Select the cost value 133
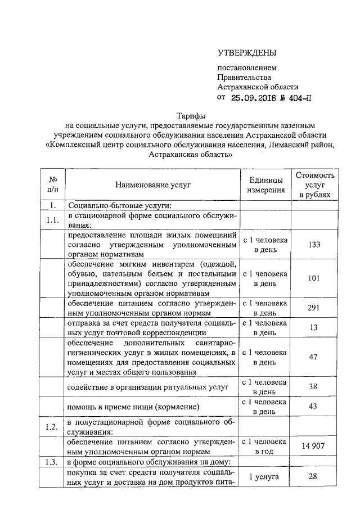click(x=315, y=245)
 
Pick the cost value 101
click(x=315, y=278)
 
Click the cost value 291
click(x=315, y=308)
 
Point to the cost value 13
click(x=315, y=328)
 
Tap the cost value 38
click(x=315, y=386)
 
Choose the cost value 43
click(x=315, y=407)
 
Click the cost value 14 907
click(x=315, y=446)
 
